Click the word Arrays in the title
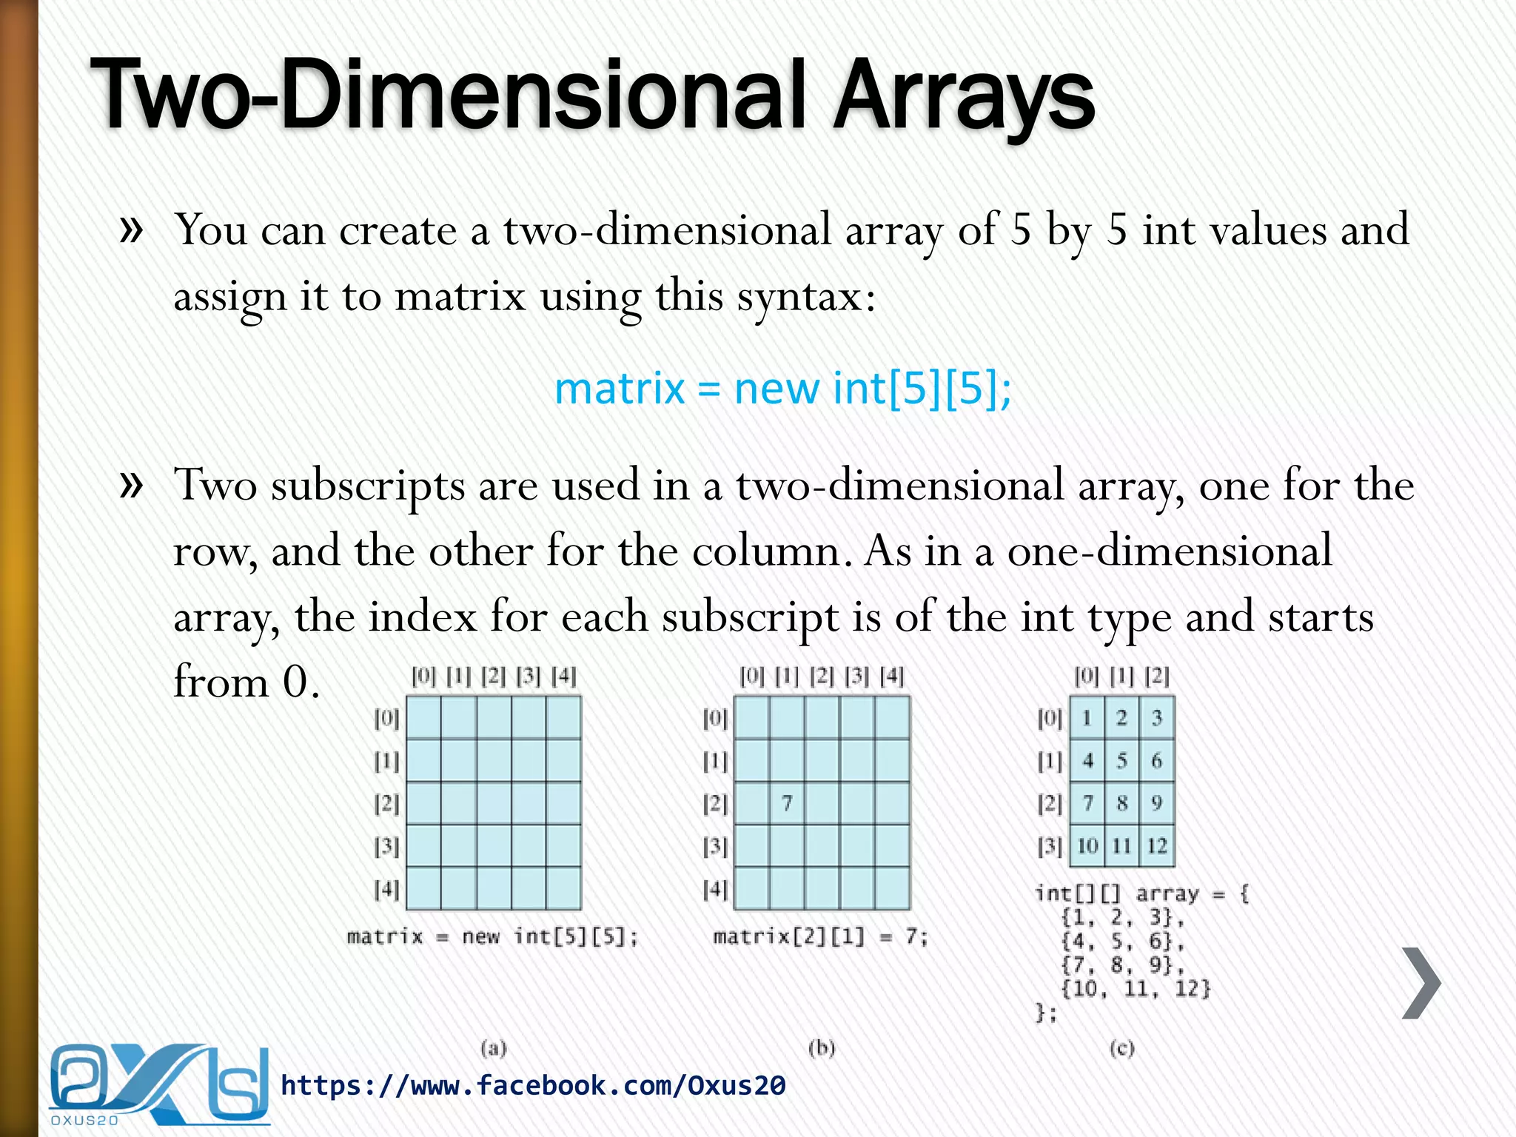coord(962,96)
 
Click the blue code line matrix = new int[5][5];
coord(782,388)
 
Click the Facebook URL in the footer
coord(533,1086)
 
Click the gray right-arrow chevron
coord(1421,983)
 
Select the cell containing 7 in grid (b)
coord(787,803)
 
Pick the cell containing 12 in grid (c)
coord(1156,845)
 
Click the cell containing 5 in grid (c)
coord(1122,760)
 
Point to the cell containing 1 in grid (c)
coord(1087,717)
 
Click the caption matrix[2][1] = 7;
coord(820,937)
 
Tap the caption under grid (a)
coord(492,937)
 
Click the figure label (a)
coord(494,1047)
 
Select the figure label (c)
coord(1121,1047)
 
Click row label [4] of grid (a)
coord(386,888)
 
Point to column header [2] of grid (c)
coord(1157,676)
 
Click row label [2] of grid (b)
coord(715,803)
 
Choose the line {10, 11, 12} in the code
coord(1136,989)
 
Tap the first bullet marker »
coord(131,229)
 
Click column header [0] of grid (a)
coord(423,676)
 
